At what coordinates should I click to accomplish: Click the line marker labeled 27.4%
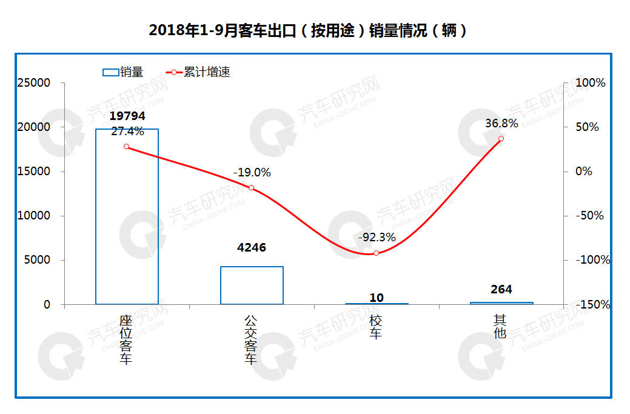point(126,147)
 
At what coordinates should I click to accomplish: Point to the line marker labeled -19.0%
point(252,188)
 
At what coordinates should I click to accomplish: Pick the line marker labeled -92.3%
point(377,253)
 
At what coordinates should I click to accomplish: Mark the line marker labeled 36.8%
point(501,139)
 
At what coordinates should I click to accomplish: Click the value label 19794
point(127,116)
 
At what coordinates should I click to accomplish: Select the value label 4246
point(252,247)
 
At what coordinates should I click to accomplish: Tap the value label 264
point(501,289)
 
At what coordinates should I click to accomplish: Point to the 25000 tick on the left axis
point(35,83)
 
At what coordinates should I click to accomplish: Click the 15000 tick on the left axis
point(35,172)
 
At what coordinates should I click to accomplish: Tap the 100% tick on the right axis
point(589,83)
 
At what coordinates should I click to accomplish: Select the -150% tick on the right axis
point(591,304)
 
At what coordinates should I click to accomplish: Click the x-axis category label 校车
point(377,327)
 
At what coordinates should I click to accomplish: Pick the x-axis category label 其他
point(501,327)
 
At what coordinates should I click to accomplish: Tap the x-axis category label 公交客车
point(251,339)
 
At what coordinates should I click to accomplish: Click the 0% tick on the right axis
point(583,172)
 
